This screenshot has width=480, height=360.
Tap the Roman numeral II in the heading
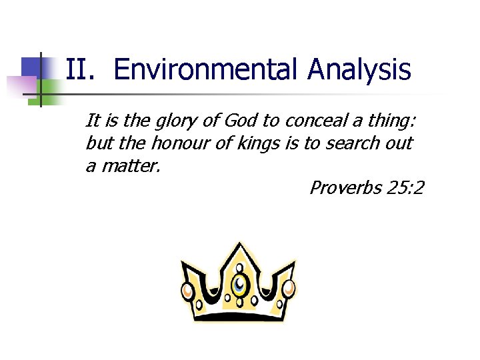(82, 69)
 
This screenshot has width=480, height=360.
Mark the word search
(353, 143)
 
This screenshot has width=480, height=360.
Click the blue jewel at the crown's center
(239, 286)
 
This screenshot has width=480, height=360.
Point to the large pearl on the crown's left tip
(187, 291)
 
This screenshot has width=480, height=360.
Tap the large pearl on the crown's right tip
(289, 288)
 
